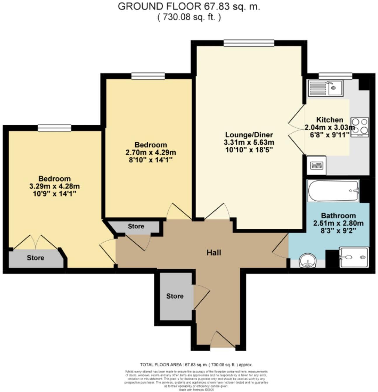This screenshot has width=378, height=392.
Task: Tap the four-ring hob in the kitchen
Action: pyautogui.click(x=360, y=127)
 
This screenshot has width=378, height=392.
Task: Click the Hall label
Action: pyautogui.click(x=214, y=253)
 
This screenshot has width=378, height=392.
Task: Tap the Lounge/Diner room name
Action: pyautogui.click(x=249, y=135)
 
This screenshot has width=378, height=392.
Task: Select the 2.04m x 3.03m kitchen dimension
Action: pyautogui.click(x=330, y=127)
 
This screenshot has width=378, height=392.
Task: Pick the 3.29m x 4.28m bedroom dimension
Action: pyautogui.click(x=55, y=186)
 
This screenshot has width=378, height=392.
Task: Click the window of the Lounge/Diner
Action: pyautogui.click(x=249, y=43)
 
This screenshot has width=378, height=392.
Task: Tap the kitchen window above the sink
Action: pyautogui.click(x=335, y=76)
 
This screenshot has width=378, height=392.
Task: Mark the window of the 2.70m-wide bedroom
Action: pyautogui.click(x=148, y=76)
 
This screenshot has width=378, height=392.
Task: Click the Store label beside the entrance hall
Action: pyautogui.click(x=175, y=296)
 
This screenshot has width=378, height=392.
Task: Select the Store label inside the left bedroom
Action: pyautogui.click(x=36, y=258)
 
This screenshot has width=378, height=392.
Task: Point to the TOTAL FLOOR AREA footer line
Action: pyautogui.click(x=196, y=365)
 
